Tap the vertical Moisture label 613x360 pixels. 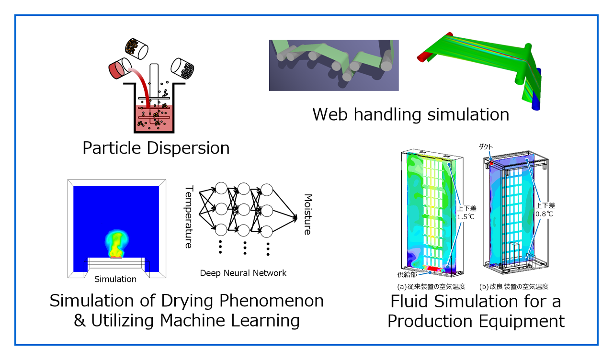(x=307, y=214)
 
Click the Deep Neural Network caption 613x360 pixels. (x=243, y=273)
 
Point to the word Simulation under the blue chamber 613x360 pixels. (x=115, y=279)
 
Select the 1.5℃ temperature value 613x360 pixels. (x=465, y=217)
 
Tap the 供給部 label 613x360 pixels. (x=407, y=275)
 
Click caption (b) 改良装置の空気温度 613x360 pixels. (x=513, y=286)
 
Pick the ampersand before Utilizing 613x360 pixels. (x=79, y=321)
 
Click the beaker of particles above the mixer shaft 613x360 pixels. (x=136, y=46)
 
